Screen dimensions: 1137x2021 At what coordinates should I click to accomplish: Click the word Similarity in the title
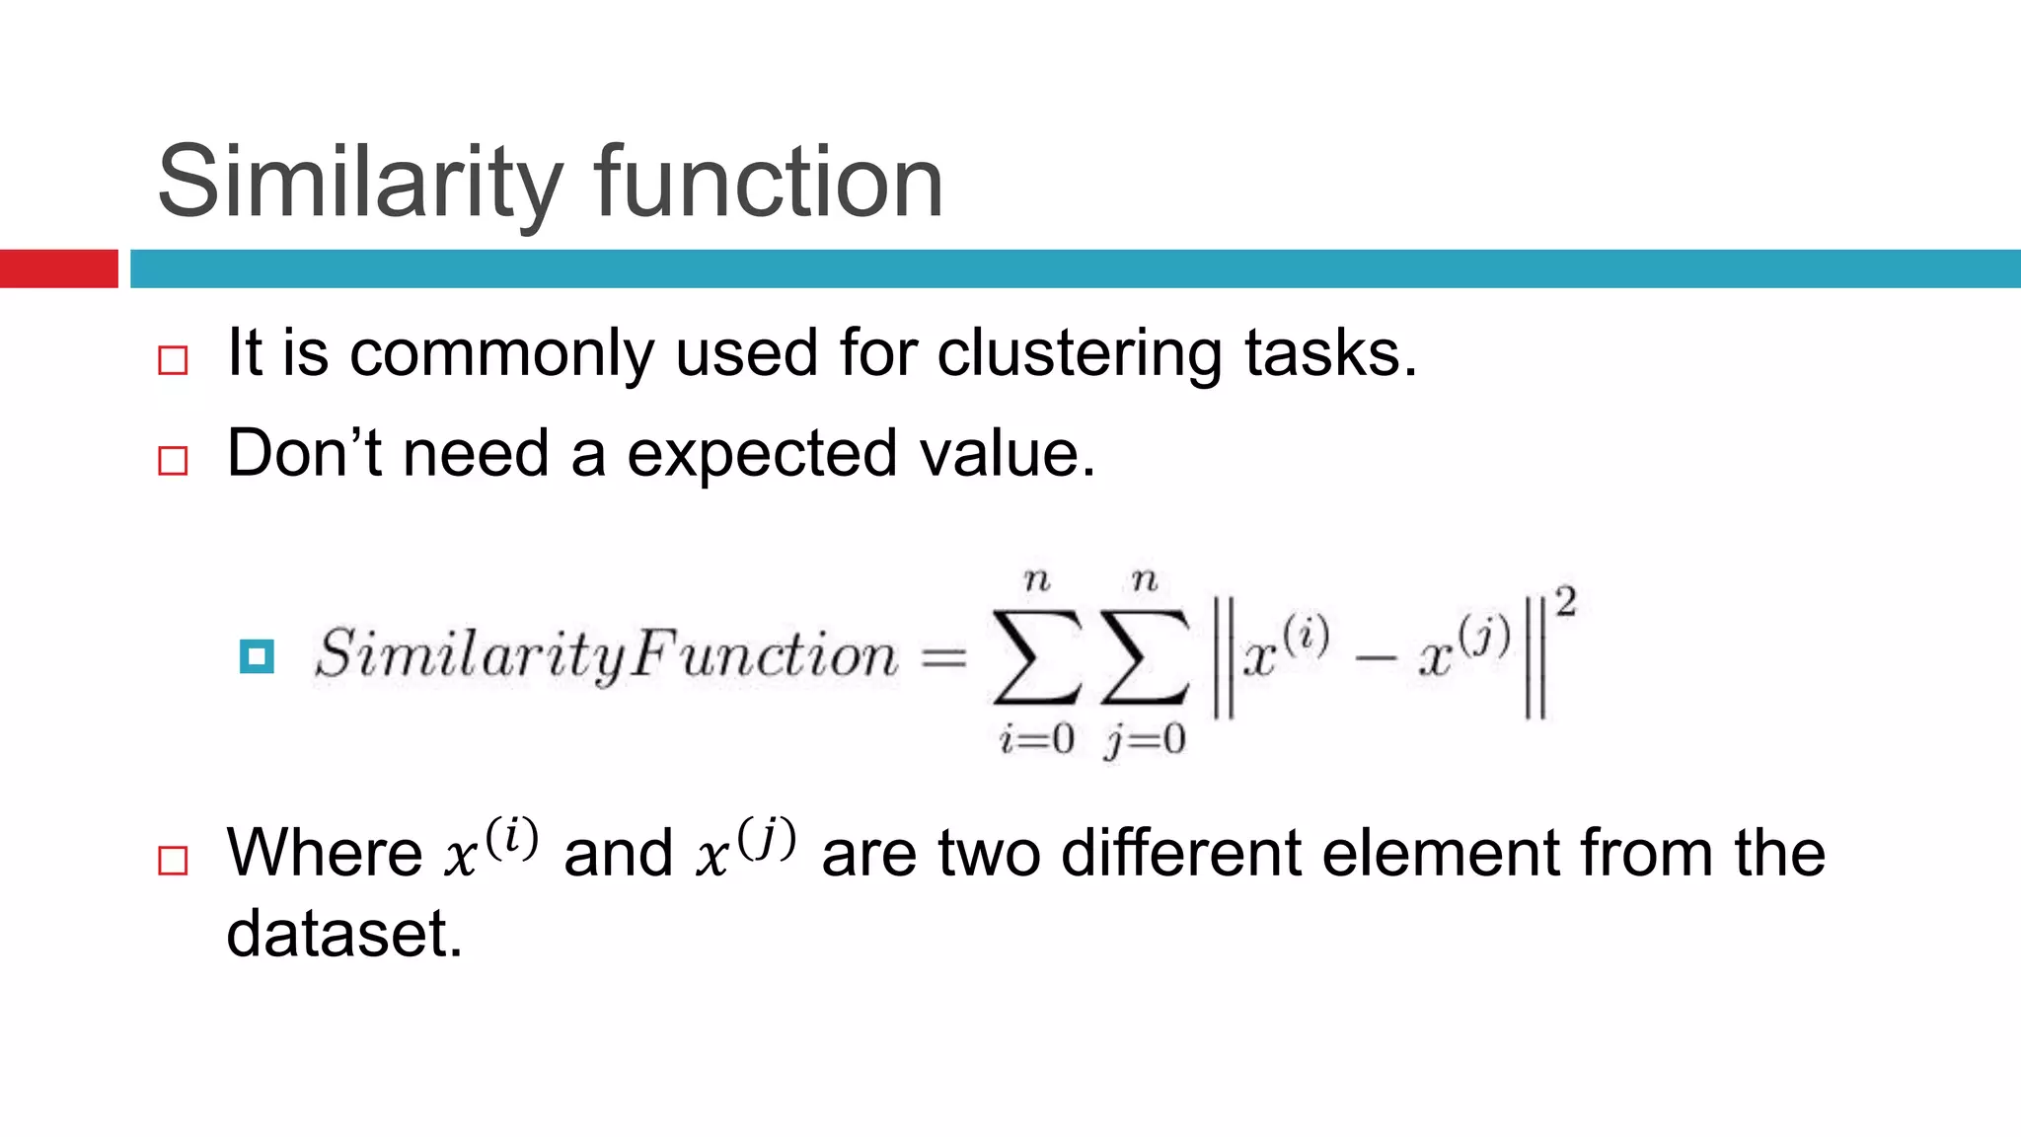coord(359,184)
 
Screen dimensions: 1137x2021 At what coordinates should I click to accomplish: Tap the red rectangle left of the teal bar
coord(58,268)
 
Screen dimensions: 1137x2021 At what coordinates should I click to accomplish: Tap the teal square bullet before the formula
coord(257,656)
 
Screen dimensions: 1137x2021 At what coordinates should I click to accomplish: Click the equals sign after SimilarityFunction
coord(943,657)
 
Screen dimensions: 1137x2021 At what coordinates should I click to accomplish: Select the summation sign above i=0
coord(1036,656)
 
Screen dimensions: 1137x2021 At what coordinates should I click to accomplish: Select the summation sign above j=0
coord(1145,656)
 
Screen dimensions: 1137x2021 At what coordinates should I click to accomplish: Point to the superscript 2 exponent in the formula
coord(1565,602)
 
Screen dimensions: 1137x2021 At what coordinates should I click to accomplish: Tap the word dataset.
coord(344,934)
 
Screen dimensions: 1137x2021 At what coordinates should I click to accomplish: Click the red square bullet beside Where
coord(173,861)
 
